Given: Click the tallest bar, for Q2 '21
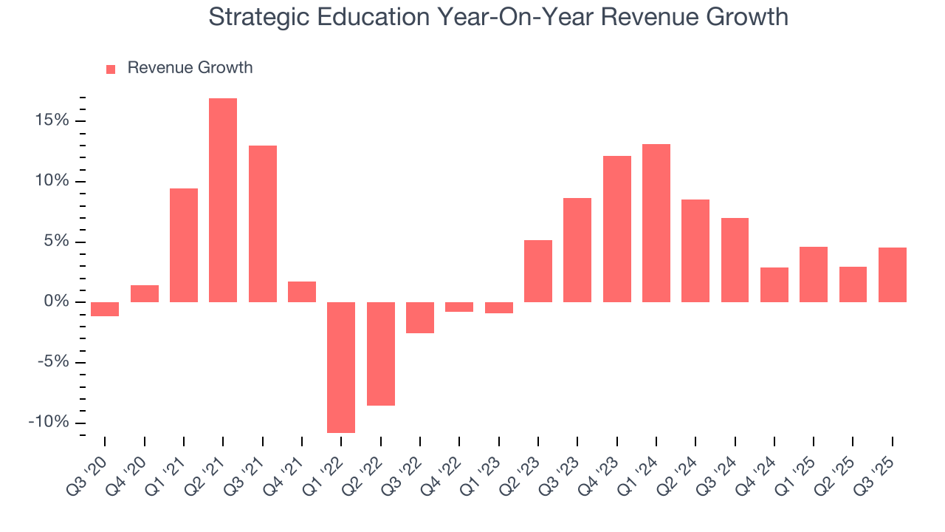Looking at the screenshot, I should pos(223,199).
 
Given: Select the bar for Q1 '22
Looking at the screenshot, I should pos(341,367).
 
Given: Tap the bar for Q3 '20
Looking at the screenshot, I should pos(105,309).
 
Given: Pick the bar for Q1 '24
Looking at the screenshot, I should pos(656,222).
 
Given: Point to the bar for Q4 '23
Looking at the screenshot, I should pos(616,229).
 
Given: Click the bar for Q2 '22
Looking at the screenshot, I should pos(381,353).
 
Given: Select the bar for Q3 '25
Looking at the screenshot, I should pos(893,274).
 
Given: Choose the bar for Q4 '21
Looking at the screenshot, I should pos(302,292).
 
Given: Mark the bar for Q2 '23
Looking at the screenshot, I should pos(538,271).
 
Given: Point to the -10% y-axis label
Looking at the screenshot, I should pos(49,423).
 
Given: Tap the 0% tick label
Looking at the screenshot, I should pos(56,302).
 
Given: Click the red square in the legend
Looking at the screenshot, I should pos(111,69).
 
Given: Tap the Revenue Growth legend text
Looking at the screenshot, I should pos(190,68).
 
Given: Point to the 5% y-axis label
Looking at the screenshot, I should pos(56,242).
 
